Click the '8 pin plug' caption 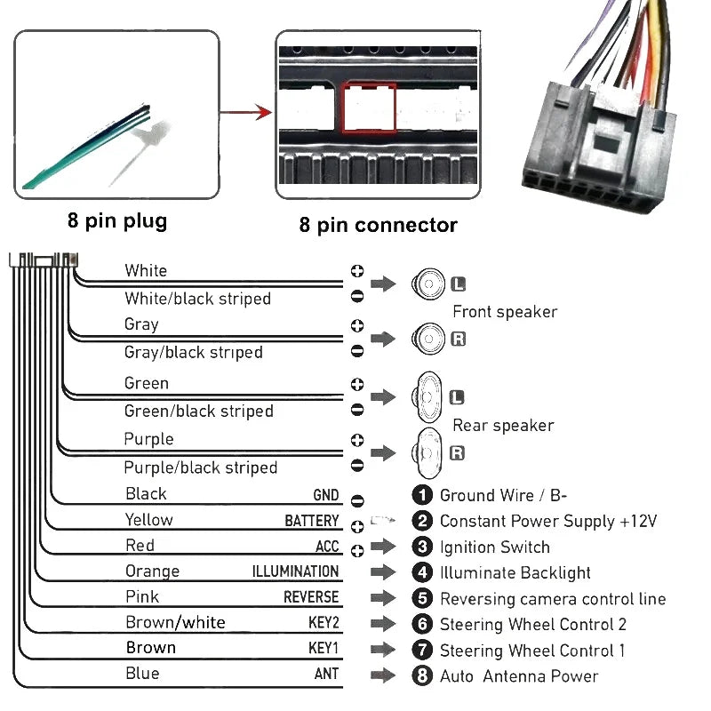pos(116,220)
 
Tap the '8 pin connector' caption pos(378,225)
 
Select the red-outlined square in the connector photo pos(369,108)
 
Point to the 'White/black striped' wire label pos(197,299)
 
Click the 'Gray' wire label pos(141,324)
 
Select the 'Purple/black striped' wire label pos(200,467)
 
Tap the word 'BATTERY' pos(311,521)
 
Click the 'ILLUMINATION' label pos(295,571)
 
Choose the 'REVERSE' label pos(311,597)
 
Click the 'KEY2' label pos(324,623)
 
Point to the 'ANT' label pos(326,674)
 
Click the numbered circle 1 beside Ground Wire pos(423,495)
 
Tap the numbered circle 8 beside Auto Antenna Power pos(423,675)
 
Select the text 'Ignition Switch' pos(494,547)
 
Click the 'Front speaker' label pos(505,311)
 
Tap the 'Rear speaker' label pos(503,425)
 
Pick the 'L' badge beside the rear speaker pos(458,397)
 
